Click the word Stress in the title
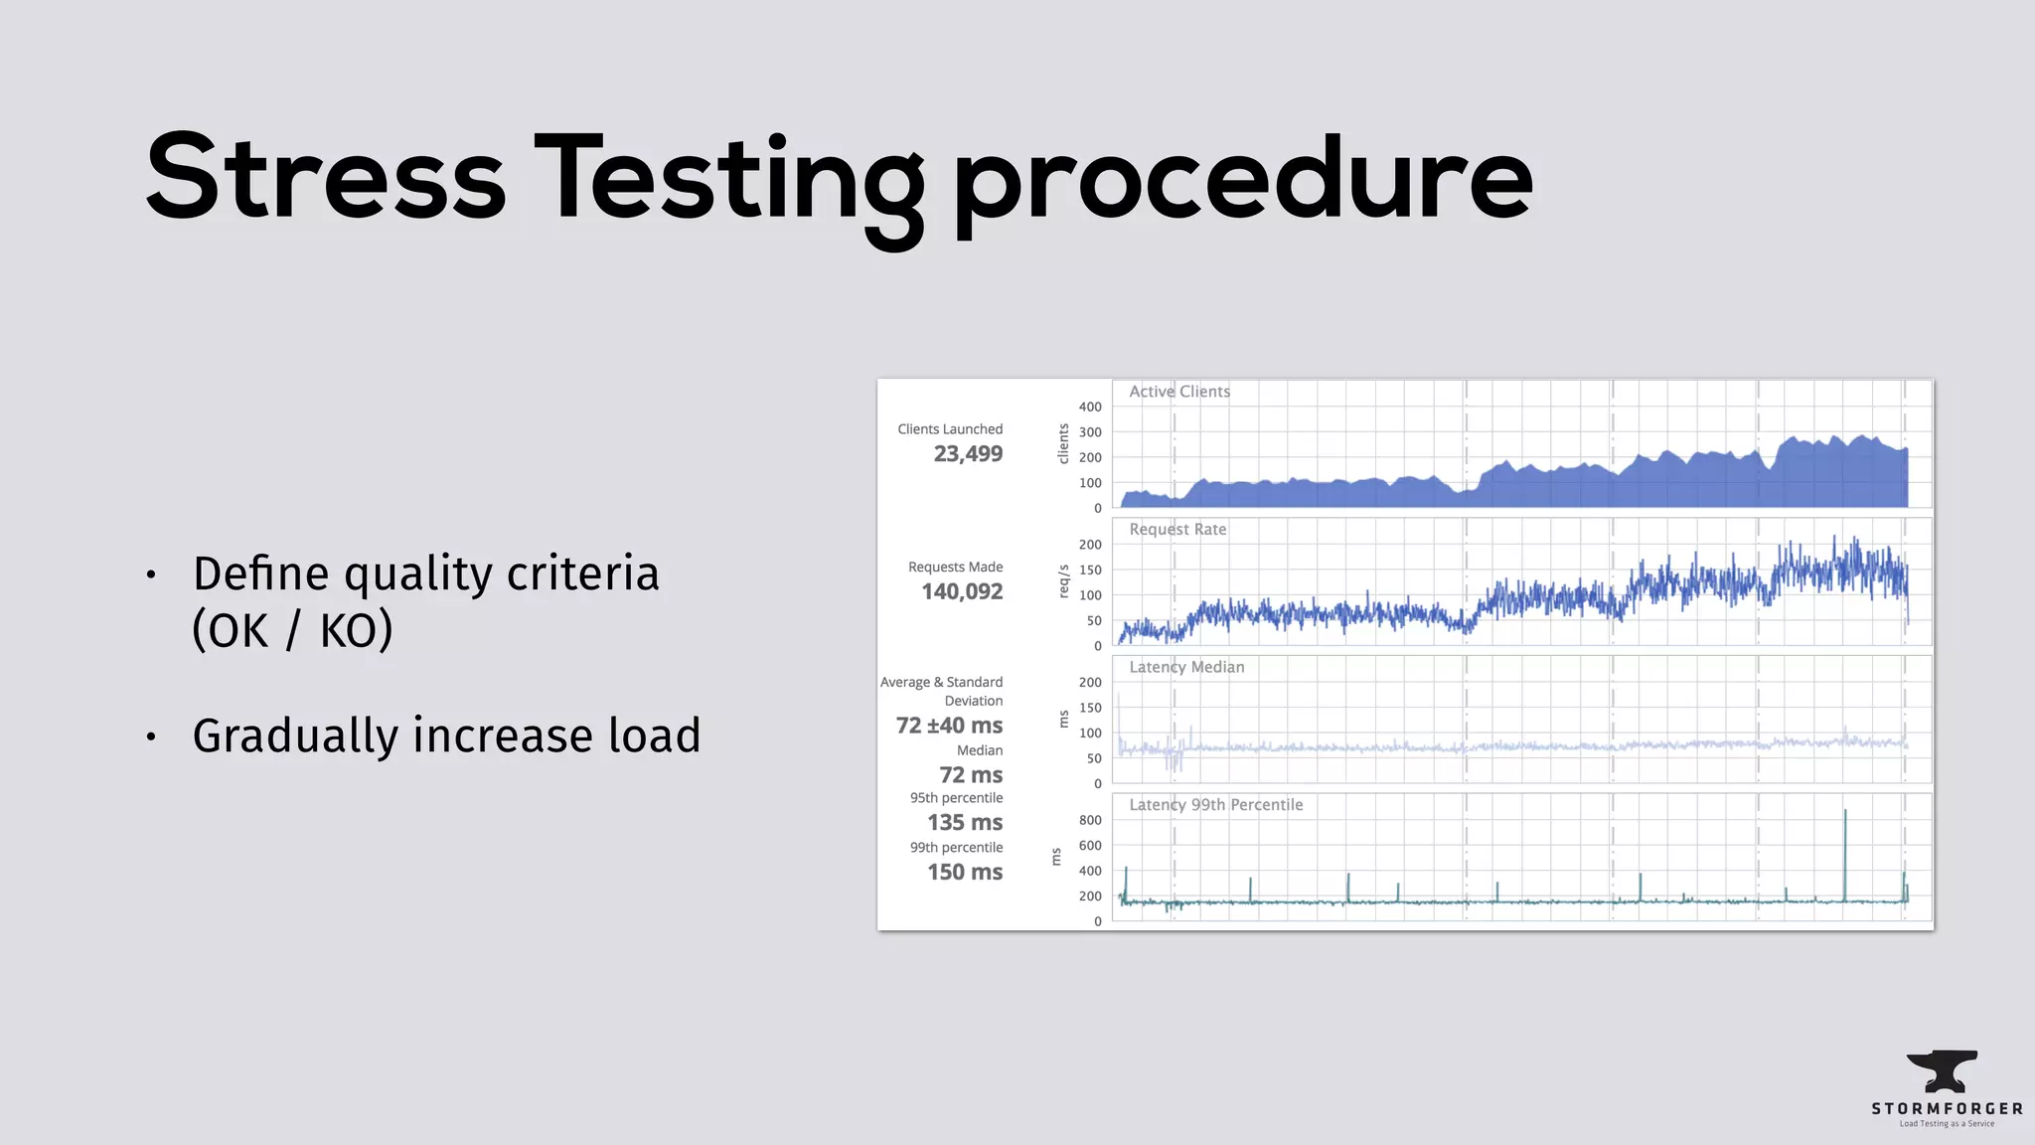tap(325, 179)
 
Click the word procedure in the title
tap(1242, 184)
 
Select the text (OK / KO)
tap(293, 630)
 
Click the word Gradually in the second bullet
tap(295, 737)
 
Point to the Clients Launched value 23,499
tap(968, 454)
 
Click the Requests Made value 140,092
tap(962, 592)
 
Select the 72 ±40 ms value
tap(949, 726)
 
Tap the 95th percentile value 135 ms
tap(964, 823)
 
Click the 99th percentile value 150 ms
tap(964, 873)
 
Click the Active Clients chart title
tap(1178, 392)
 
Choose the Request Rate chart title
tap(1177, 530)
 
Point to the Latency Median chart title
tap(1185, 667)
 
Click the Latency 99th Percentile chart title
tap(1215, 805)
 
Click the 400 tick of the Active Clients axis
tap(1090, 407)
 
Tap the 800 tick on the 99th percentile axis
tap(1090, 820)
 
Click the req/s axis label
tap(1063, 581)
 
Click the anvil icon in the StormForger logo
tap(1942, 1071)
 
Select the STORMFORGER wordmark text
tap(1947, 1108)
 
